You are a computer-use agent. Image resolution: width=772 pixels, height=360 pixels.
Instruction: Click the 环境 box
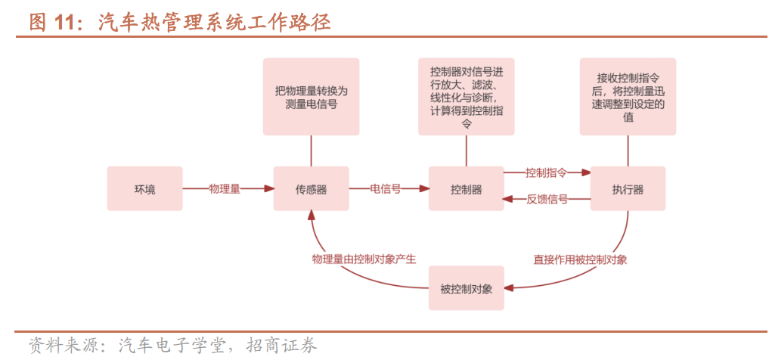click(x=144, y=189)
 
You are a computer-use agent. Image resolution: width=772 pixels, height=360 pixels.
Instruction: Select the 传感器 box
click(x=311, y=189)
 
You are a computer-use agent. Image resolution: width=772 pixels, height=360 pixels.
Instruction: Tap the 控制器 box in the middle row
click(x=466, y=189)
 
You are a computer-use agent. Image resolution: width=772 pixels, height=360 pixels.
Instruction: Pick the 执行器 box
click(x=628, y=189)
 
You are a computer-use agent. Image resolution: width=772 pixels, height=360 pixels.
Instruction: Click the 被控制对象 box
click(x=466, y=288)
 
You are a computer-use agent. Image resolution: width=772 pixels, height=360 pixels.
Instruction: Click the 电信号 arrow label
click(x=385, y=189)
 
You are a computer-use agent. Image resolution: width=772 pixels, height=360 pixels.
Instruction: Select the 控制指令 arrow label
click(x=546, y=172)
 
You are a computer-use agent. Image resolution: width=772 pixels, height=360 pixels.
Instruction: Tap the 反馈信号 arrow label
click(x=546, y=200)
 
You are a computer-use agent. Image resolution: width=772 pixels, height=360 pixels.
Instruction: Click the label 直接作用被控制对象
click(x=580, y=259)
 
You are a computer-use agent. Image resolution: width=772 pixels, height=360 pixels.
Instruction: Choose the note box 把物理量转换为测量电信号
click(x=311, y=97)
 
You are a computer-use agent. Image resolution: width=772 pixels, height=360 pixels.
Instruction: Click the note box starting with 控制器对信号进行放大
click(x=466, y=97)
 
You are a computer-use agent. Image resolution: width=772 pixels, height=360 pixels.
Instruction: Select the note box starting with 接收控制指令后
click(x=628, y=97)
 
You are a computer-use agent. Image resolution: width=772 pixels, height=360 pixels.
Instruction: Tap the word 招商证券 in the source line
click(x=287, y=346)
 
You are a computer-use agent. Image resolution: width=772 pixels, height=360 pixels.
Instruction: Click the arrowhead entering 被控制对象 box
click(x=508, y=288)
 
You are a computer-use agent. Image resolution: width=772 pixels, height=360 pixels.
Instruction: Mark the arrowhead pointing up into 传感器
click(x=311, y=216)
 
